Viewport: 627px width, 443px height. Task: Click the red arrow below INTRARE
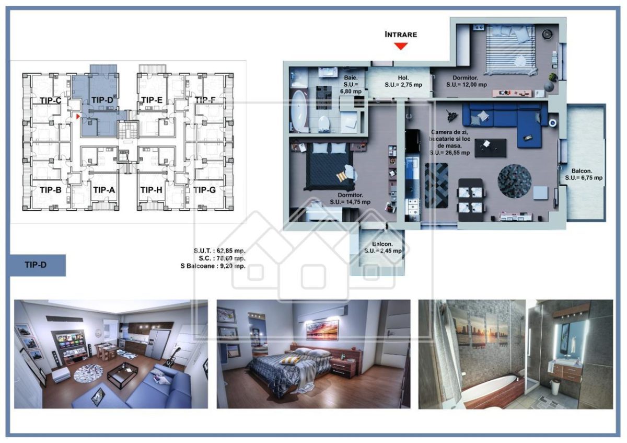coord(401,46)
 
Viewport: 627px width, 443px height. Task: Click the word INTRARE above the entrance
coord(401,35)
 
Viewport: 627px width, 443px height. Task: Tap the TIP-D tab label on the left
coord(36,265)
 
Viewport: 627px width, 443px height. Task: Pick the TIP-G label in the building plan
coord(204,190)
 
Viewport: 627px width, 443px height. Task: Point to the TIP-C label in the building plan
coord(50,100)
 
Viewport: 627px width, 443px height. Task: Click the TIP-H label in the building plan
coord(152,190)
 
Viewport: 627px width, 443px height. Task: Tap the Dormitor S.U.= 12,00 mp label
coord(462,81)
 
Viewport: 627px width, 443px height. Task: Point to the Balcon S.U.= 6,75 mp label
coord(584,174)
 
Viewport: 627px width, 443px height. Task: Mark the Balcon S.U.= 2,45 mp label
coord(383,247)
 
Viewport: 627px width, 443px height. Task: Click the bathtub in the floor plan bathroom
coord(300,112)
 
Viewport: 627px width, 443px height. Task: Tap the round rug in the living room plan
coord(514,181)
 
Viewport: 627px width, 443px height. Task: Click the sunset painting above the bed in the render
coord(322,330)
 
